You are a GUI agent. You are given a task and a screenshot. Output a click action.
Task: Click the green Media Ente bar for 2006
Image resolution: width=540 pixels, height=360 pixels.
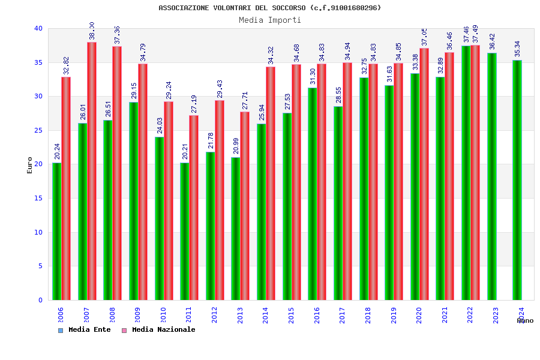click(56, 231)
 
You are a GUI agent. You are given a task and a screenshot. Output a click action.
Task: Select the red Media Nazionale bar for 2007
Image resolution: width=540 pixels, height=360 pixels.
click(92, 171)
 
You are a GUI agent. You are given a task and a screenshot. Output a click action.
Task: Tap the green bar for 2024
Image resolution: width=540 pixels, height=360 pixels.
click(517, 180)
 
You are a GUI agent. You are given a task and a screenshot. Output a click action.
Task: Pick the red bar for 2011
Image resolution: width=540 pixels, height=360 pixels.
click(194, 208)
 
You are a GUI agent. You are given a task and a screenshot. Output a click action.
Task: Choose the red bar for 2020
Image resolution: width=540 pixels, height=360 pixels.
click(424, 174)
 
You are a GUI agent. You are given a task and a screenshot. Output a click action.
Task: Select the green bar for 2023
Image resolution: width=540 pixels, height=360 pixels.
click(492, 176)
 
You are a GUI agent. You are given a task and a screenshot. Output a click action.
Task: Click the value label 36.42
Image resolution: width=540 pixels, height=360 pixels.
click(492, 43)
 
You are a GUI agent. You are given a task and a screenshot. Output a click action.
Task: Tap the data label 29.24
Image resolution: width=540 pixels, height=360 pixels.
click(169, 91)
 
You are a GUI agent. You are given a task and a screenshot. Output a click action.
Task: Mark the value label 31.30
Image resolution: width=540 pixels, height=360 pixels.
click(313, 77)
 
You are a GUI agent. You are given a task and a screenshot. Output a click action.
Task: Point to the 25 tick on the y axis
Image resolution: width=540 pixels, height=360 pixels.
click(38, 130)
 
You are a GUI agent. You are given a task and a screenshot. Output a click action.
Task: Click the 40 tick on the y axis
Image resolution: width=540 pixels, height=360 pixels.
click(38, 29)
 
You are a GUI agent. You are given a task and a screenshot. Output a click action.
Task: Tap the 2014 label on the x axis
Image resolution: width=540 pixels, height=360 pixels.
click(266, 315)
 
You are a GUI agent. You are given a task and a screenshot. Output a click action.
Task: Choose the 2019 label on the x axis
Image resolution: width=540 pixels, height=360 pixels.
click(394, 315)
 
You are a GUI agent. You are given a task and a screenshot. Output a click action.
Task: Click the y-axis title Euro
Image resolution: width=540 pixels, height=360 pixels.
click(30, 165)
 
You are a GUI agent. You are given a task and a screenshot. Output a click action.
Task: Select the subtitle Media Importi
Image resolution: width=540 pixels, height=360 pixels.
click(270, 20)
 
